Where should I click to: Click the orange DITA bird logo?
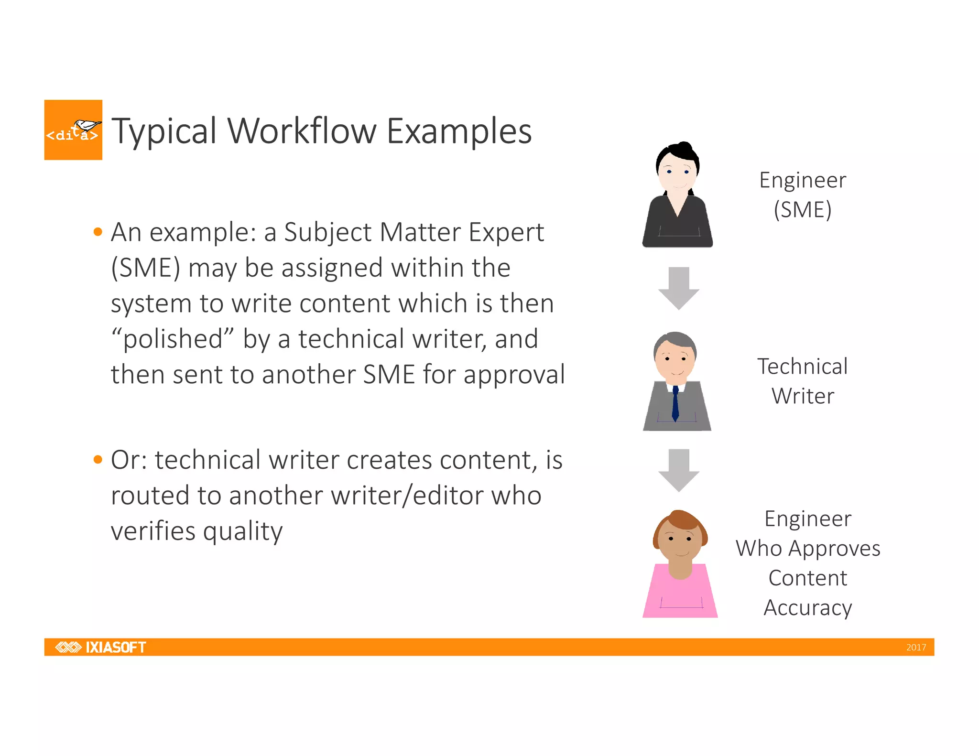[73, 130]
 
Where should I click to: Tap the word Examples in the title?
[459, 132]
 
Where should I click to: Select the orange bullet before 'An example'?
[98, 232]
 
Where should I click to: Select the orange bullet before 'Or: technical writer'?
[98, 460]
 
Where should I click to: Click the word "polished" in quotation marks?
[173, 339]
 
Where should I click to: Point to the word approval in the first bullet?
[514, 375]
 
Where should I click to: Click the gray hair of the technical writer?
[675, 340]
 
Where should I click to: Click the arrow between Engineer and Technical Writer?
[679, 288]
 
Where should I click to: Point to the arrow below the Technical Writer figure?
[679, 470]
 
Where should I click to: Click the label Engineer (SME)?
[803, 195]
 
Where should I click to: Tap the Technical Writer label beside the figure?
[803, 381]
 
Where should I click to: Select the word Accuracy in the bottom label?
[807, 608]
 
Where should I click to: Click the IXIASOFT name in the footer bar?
[115, 647]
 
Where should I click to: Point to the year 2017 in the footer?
[916, 648]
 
